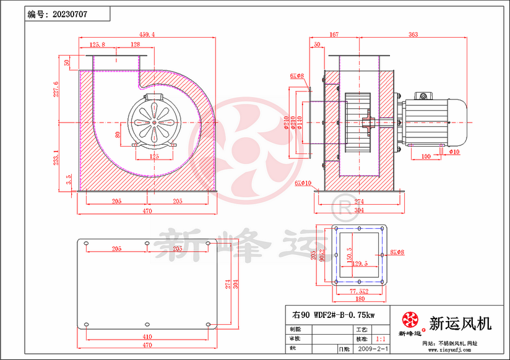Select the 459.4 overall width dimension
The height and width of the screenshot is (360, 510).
(147, 34)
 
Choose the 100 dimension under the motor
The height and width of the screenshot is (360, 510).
(426, 156)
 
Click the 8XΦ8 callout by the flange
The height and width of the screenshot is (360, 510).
(397, 252)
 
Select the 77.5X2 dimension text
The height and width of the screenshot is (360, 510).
(359, 290)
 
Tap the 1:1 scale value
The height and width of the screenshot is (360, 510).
(382, 340)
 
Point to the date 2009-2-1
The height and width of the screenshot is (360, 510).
(373, 349)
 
